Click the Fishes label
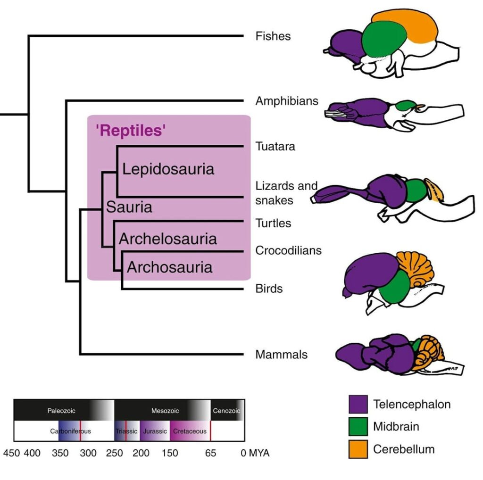[x=273, y=36]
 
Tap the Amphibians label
[x=287, y=101]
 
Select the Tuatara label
[x=275, y=146]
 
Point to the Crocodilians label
[x=288, y=250]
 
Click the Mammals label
[x=281, y=355]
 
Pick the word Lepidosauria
[x=168, y=169]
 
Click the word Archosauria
[x=170, y=267]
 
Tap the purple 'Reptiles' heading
[x=131, y=130]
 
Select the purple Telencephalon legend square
[x=358, y=404]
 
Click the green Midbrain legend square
[x=358, y=426]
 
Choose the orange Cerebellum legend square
[x=358, y=449]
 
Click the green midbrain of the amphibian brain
[x=405, y=105]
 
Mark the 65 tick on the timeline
[x=210, y=453]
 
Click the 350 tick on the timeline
[x=60, y=453]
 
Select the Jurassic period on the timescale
[x=155, y=431]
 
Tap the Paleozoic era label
[x=61, y=411]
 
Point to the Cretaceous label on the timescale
[x=190, y=431]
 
